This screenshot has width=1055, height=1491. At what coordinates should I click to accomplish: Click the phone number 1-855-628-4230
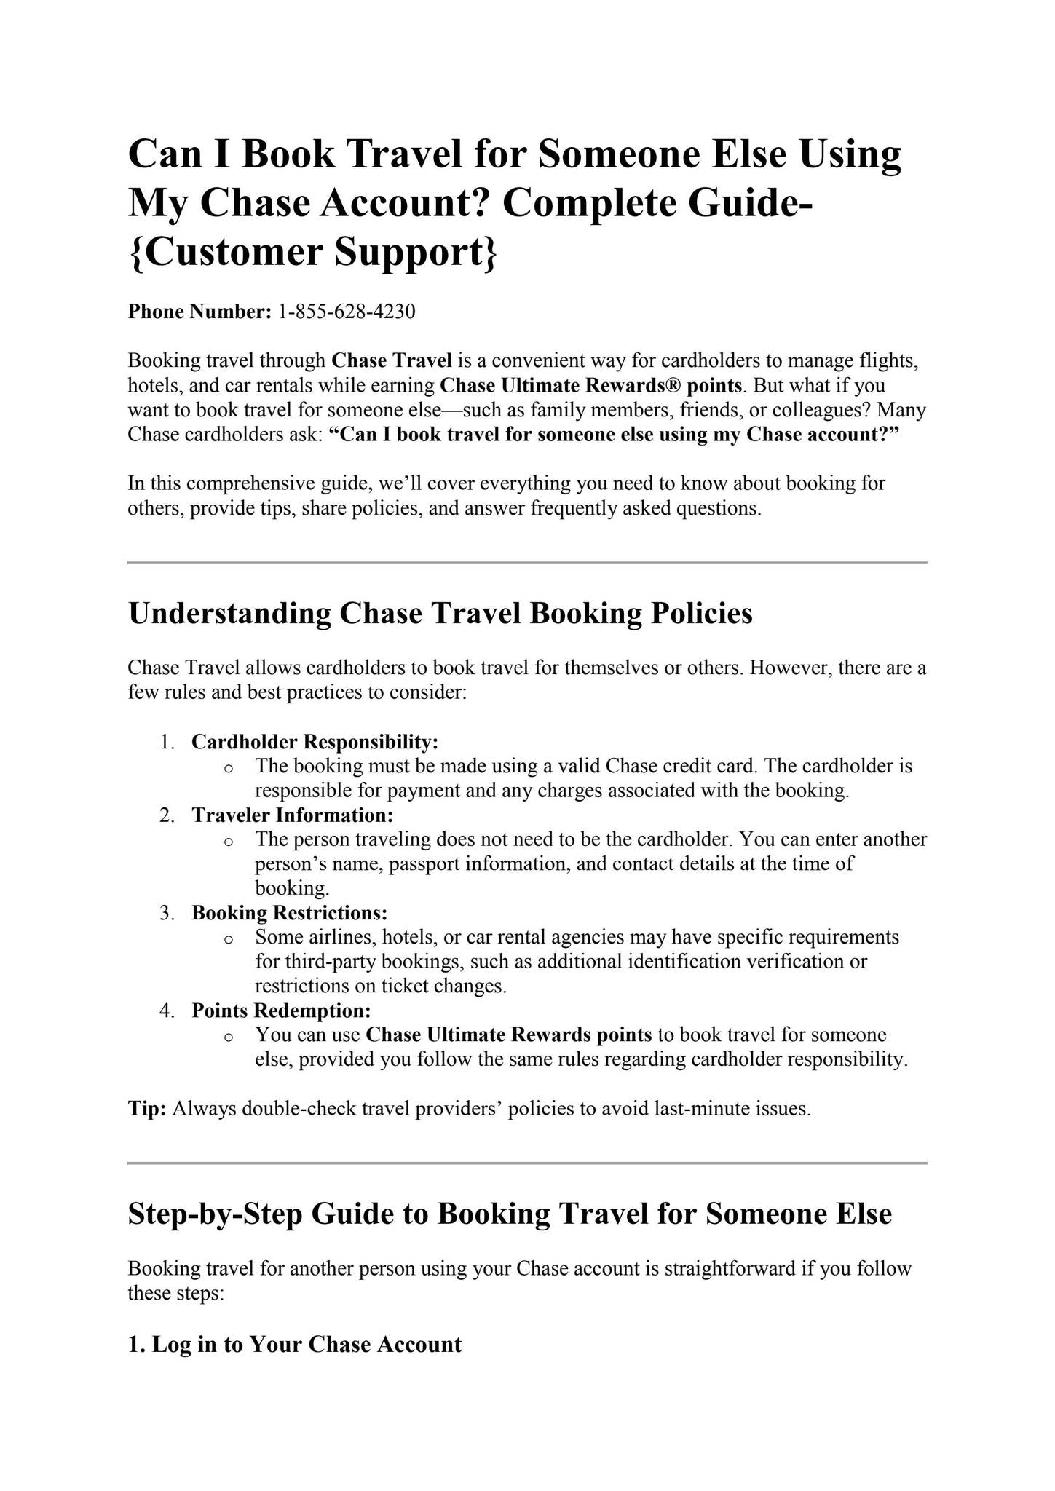point(347,312)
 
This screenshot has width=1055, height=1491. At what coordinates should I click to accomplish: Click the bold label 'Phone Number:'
point(199,312)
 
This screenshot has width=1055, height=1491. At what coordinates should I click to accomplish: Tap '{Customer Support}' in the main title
point(314,252)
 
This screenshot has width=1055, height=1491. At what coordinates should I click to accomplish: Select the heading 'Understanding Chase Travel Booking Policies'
point(440,613)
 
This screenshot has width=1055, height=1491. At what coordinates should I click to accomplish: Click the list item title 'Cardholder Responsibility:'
point(315,742)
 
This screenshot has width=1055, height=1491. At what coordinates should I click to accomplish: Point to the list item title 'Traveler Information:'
point(293,815)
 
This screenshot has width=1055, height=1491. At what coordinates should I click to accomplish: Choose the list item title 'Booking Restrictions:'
point(290,913)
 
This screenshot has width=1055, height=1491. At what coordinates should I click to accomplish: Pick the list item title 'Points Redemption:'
point(282,1011)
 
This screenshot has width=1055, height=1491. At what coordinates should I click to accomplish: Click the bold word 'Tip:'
point(148,1109)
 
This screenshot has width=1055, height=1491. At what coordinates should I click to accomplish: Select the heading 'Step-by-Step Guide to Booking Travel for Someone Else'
point(510,1214)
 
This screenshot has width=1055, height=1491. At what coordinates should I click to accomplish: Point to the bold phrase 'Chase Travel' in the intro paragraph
point(392,360)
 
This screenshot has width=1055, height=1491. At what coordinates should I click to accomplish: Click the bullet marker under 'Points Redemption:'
point(229,1037)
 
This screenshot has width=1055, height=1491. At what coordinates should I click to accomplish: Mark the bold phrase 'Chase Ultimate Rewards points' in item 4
point(509,1035)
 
